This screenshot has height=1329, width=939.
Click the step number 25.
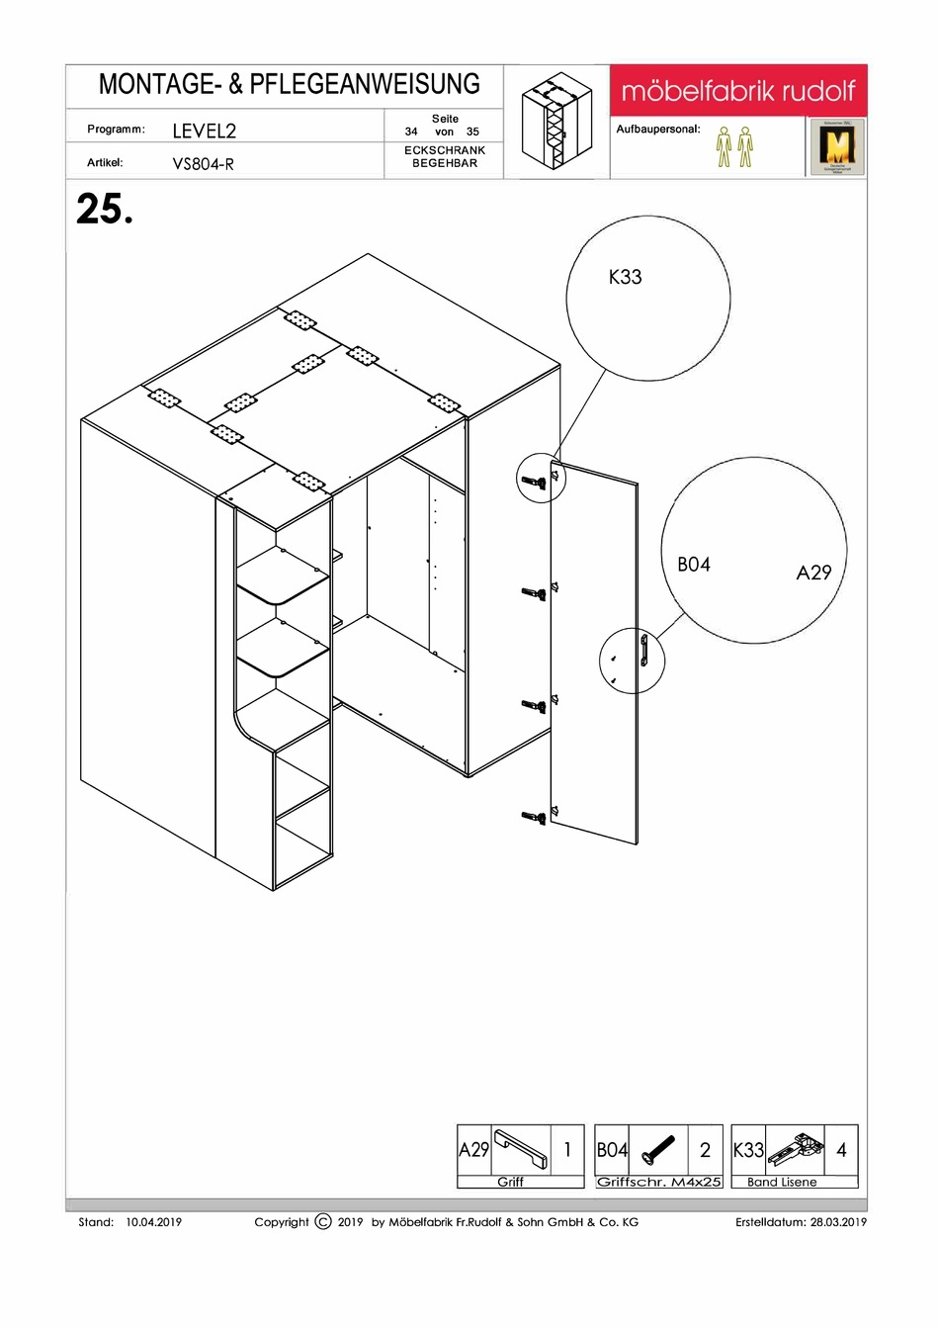click(x=104, y=210)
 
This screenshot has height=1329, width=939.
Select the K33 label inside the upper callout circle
click(x=625, y=278)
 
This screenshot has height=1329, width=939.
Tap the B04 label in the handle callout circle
click(x=693, y=565)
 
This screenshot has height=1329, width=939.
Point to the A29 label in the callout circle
click(x=813, y=573)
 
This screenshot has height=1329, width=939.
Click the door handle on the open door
click(x=643, y=652)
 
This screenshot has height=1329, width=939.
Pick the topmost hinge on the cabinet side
click(x=534, y=482)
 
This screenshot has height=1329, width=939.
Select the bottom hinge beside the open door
click(x=534, y=818)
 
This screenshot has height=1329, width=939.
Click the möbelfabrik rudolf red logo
click(x=737, y=92)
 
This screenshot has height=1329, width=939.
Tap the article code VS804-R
click(x=203, y=164)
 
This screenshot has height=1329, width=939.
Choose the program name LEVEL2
click(x=204, y=131)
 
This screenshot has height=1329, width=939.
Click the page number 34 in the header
click(x=411, y=132)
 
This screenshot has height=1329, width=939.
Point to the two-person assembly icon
click(x=734, y=146)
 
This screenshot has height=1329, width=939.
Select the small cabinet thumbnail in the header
click(x=556, y=123)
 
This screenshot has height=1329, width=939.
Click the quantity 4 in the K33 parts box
click(x=841, y=1150)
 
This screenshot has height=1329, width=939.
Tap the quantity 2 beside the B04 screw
click(x=705, y=1150)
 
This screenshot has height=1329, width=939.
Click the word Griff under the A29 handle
click(x=510, y=1183)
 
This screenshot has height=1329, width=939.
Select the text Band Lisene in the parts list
click(x=782, y=1183)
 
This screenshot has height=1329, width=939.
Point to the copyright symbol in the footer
click(x=323, y=1222)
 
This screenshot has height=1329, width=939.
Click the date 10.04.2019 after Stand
click(x=154, y=1222)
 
